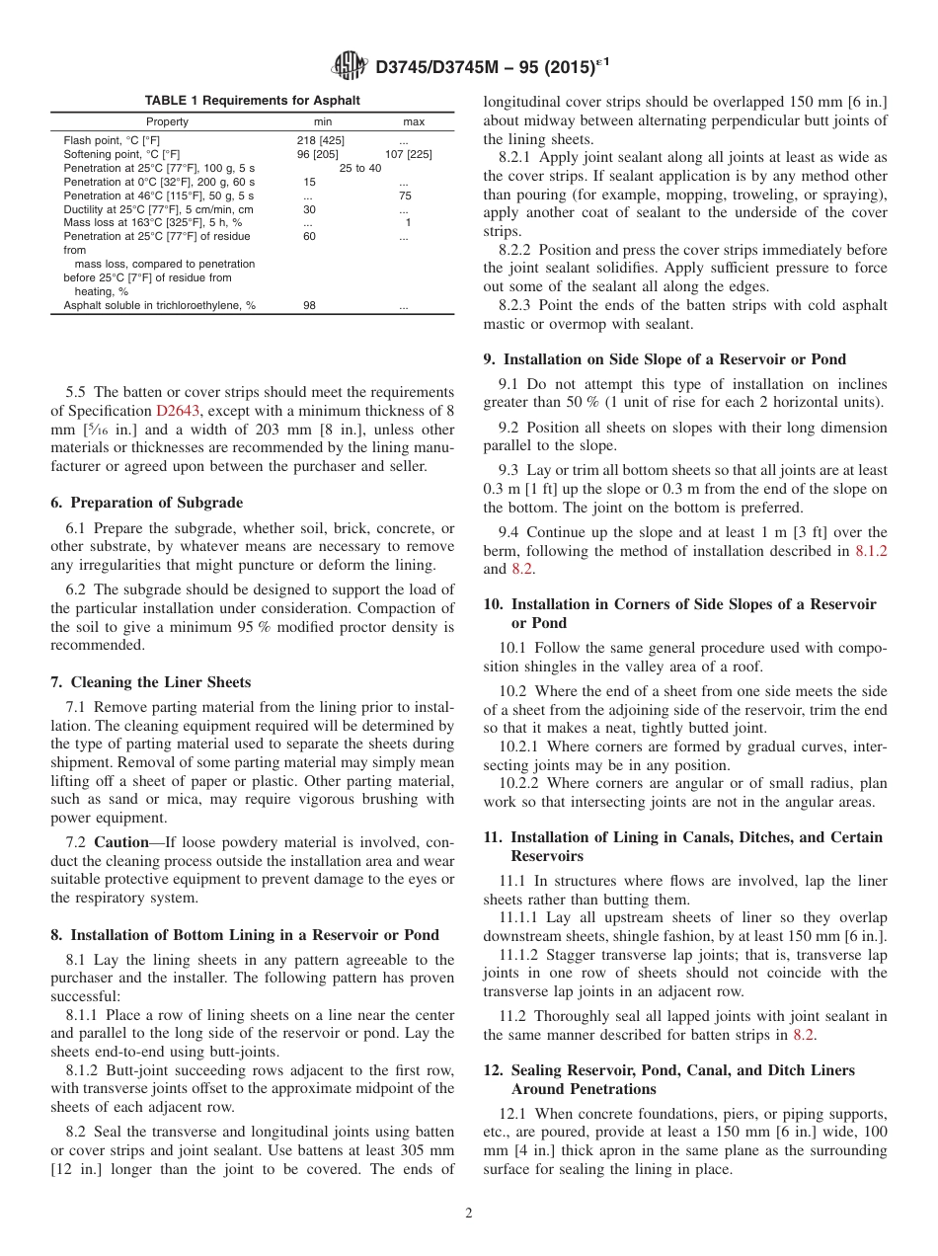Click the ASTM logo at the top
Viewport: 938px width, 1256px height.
click(351, 67)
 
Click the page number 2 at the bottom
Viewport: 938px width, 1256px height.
click(469, 1214)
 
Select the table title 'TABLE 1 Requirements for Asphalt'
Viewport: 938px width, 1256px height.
click(253, 101)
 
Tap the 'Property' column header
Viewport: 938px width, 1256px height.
click(166, 122)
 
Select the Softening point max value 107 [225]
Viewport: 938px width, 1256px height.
click(408, 155)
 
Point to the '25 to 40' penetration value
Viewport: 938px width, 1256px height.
click(359, 169)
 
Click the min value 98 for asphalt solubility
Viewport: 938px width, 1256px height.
click(309, 306)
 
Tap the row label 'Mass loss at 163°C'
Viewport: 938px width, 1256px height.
click(152, 223)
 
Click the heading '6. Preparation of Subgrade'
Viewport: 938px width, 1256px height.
click(146, 502)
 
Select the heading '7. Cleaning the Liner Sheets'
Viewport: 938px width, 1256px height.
click(150, 682)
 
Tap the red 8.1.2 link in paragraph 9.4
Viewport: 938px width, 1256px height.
click(870, 551)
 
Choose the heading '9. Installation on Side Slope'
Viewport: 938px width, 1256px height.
click(664, 359)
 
